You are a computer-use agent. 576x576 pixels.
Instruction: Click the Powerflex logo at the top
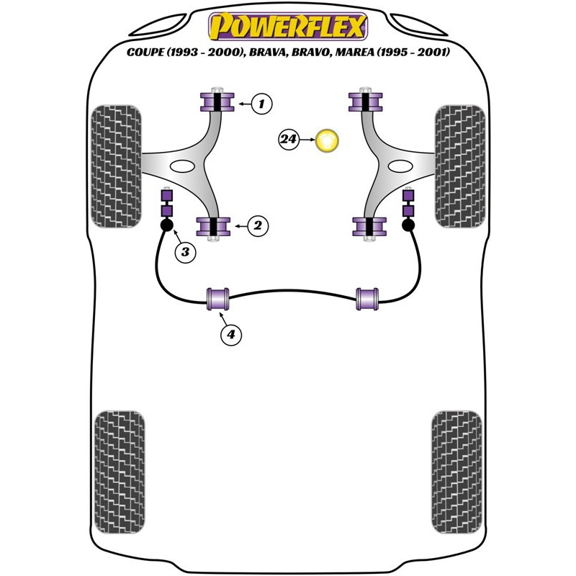pyautogui.click(x=288, y=26)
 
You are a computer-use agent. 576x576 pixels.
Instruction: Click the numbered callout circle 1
pyautogui.click(x=261, y=104)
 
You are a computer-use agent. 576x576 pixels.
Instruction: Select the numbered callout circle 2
pyautogui.click(x=258, y=225)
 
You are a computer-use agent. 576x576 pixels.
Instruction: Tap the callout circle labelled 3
pyautogui.click(x=185, y=252)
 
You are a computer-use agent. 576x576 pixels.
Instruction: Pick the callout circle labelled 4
pyautogui.click(x=231, y=334)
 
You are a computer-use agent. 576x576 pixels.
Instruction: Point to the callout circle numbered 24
pyautogui.click(x=289, y=140)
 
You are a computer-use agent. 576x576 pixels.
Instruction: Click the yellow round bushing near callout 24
pyautogui.click(x=327, y=140)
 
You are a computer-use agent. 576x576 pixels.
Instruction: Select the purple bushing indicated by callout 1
pyautogui.click(x=217, y=102)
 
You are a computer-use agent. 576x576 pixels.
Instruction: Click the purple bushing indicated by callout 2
pyautogui.click(x=213, y=227)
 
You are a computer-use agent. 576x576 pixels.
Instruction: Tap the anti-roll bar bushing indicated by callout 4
pyautogui.click(x=218, y=299)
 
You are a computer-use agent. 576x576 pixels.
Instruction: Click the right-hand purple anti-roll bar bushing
pyautogui.click(x=367, y=299)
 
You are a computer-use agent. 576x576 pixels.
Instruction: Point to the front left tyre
pyautogui.click(x=116, y=166)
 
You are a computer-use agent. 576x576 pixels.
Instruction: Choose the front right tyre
pyautogui.click(x=460, y=166)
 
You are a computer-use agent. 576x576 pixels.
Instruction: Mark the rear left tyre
pyautogui.click(x=120, y=472)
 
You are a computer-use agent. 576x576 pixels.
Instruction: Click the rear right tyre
pyautogui.click(x=456, y=472)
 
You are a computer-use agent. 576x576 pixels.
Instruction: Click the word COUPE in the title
pyautogui.click(x=145, y=52)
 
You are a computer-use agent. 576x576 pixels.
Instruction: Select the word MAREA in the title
pyautogui.click(x=355, y=52)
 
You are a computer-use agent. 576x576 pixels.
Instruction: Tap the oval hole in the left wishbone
pyautogui.click(x=182, y=166)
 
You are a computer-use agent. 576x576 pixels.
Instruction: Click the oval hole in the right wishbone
pyautogui.click(x=400, y=166)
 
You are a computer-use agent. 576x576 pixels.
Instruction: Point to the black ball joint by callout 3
pyautogui.click(x=167, y=225)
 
